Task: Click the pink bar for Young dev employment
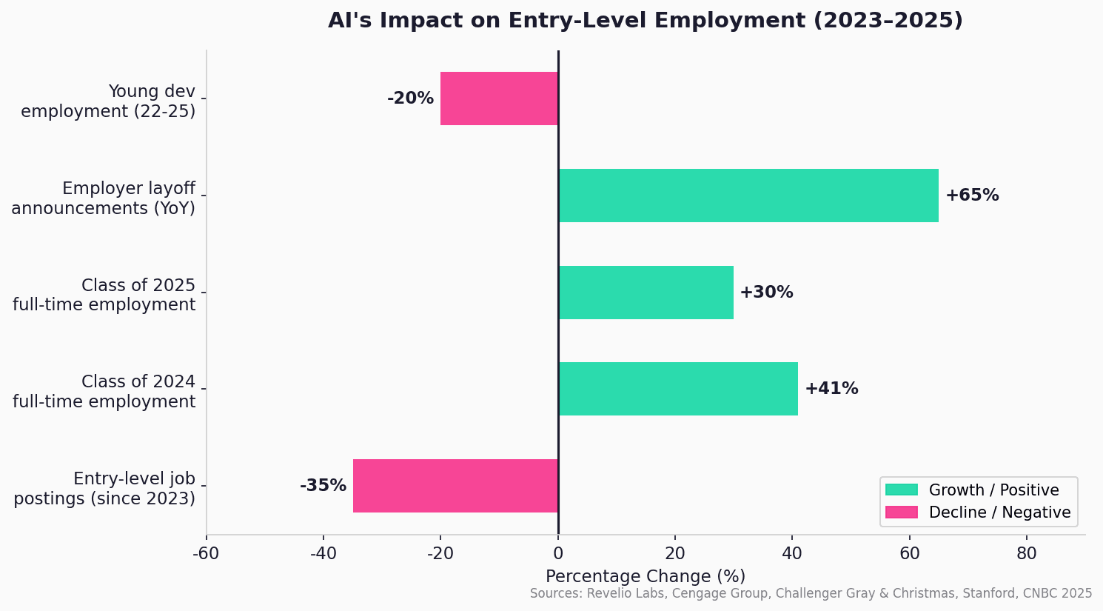(x=499, y=99)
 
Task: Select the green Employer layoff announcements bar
(x=748, y=196)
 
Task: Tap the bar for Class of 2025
(x=646, y=293)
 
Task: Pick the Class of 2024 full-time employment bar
(x=677, y=389)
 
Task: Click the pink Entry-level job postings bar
(x=455, y=486)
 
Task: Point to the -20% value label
(x=410, y=99)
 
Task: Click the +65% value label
(x=971, y=196)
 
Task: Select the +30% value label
(x=766, y=293)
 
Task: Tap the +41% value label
(x=831, y=389)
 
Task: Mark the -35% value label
(x=323, y=486)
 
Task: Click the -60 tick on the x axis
(x=206, y=553)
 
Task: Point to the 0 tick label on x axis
(x=557, y=553)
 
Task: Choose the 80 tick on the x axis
(x=1026, y=553)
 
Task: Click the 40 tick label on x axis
(x=792, y=553)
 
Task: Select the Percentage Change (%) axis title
(x=645, y=576)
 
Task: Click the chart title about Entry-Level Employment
(x=645, y=21)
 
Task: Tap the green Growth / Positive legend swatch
(x=901, y=490)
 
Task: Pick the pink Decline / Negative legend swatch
(x=901, y=512)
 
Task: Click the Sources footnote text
(x=811, y=594)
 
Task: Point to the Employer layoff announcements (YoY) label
(x=104, y=198)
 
